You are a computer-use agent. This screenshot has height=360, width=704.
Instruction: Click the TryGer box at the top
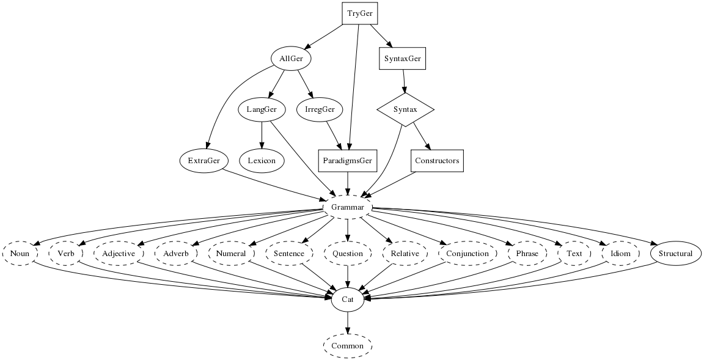[x=359, y=13]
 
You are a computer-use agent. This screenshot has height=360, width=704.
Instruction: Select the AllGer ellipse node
[x=291, y=59]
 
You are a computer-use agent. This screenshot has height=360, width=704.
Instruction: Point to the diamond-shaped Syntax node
[x=405, y=110]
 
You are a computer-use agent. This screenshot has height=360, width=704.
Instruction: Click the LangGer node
[x=262, y=110]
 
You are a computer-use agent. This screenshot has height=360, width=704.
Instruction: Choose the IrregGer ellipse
[x=319, y=110]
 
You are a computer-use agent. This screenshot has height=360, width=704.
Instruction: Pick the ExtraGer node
[x=204, y=161]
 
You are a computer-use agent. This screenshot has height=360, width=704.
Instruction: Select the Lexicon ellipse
[x=262, y=161]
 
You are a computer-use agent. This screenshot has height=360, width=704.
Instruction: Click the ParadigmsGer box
[x=348, y=161]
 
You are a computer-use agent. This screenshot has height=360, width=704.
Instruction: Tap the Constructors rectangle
[x=436, y=161]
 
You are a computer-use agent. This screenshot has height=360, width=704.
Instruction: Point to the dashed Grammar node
[x=348, y=208]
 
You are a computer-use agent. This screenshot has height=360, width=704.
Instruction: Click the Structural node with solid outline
[x=675, y=254]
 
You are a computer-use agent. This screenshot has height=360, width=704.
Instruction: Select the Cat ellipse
[x=348, y=299]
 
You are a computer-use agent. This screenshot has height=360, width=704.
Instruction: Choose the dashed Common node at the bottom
[x=348, y=346]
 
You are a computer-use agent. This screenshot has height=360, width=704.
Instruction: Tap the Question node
[x=348, y=254]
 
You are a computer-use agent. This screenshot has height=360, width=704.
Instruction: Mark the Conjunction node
[x=468, y=254]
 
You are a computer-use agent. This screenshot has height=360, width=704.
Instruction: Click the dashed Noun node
[x=20, y=254]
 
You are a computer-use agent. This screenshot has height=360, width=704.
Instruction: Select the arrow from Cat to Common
[x=348, y=323]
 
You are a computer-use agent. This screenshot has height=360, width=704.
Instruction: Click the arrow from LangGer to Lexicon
[x=262, y=135]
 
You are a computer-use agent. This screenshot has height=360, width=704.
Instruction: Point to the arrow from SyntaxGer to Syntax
[x=403, y=82]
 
